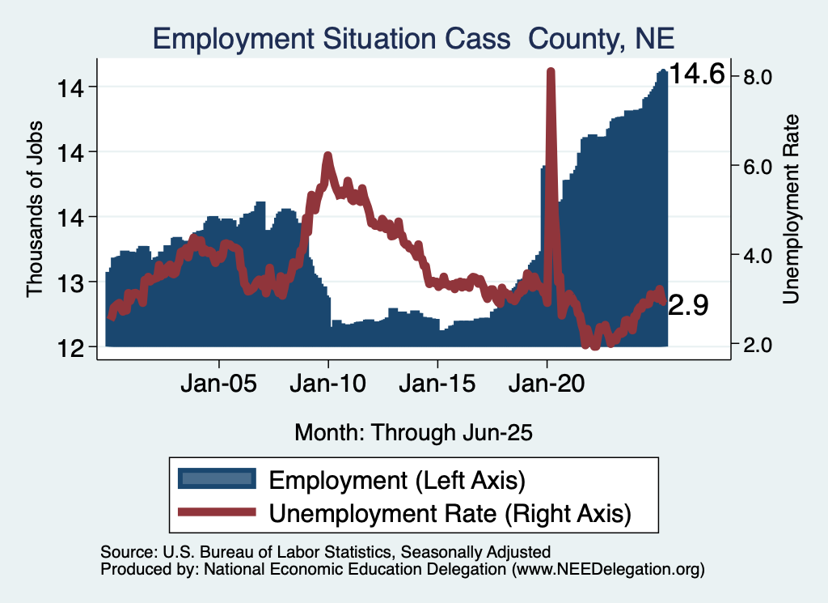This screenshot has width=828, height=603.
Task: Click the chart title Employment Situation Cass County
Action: click(413, 38)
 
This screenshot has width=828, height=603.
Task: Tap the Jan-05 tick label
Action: click(219, 382)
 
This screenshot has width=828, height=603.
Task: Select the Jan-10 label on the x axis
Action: click(328, 382)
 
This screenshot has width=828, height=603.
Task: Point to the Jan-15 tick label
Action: click(437, 382)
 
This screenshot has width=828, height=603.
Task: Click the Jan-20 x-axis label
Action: click(547, 382)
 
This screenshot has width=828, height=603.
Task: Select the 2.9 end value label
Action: click(690, 305)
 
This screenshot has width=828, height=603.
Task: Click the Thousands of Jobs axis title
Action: click(35, 209)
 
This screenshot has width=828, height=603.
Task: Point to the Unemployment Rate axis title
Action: click(790, 209)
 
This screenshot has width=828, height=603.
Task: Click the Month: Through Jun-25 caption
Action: click(413, 432)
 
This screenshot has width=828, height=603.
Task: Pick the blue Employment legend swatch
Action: click(217, 479)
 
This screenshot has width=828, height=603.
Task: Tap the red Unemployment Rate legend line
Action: click(217, 512)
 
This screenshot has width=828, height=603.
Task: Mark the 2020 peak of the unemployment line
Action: click(551, 72)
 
